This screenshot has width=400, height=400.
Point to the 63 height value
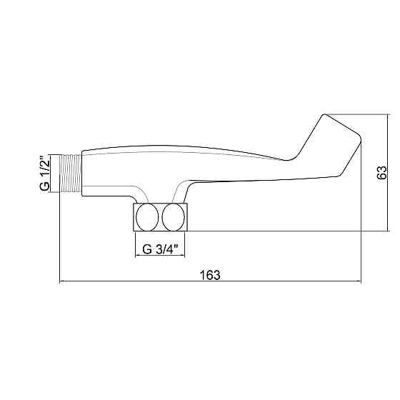[382, 172]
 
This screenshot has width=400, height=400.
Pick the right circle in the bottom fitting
[174, 217]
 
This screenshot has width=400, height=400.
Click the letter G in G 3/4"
[146, 249]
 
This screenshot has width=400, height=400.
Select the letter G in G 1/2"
[44, 187]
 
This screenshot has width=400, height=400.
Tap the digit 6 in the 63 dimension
[382, 176]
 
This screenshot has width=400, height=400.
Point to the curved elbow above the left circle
[135, 194]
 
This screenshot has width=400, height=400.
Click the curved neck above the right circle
[179, 191]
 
